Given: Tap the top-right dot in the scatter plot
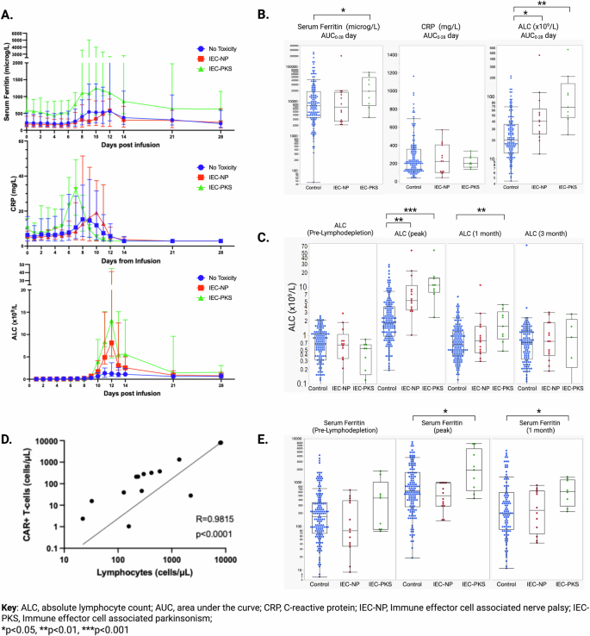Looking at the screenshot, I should click(220, 442).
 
